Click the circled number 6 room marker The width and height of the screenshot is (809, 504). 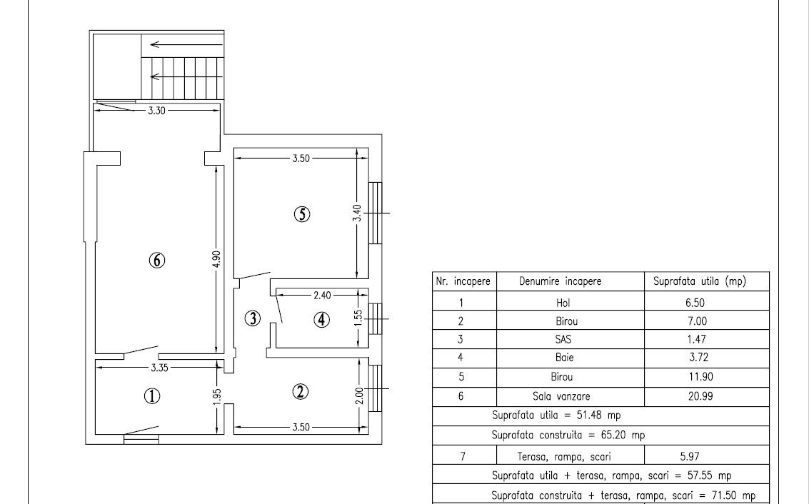point(157,260)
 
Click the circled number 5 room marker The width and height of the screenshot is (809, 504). point(302,213)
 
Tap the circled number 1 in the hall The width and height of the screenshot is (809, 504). point(151,396)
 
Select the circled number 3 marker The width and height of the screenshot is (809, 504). point(252,318)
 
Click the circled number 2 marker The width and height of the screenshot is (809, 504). point(301,390)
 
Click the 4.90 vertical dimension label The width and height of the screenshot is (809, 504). point(217,258)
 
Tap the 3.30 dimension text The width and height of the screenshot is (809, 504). point(157,111)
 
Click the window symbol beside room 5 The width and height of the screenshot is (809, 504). point(376,213)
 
